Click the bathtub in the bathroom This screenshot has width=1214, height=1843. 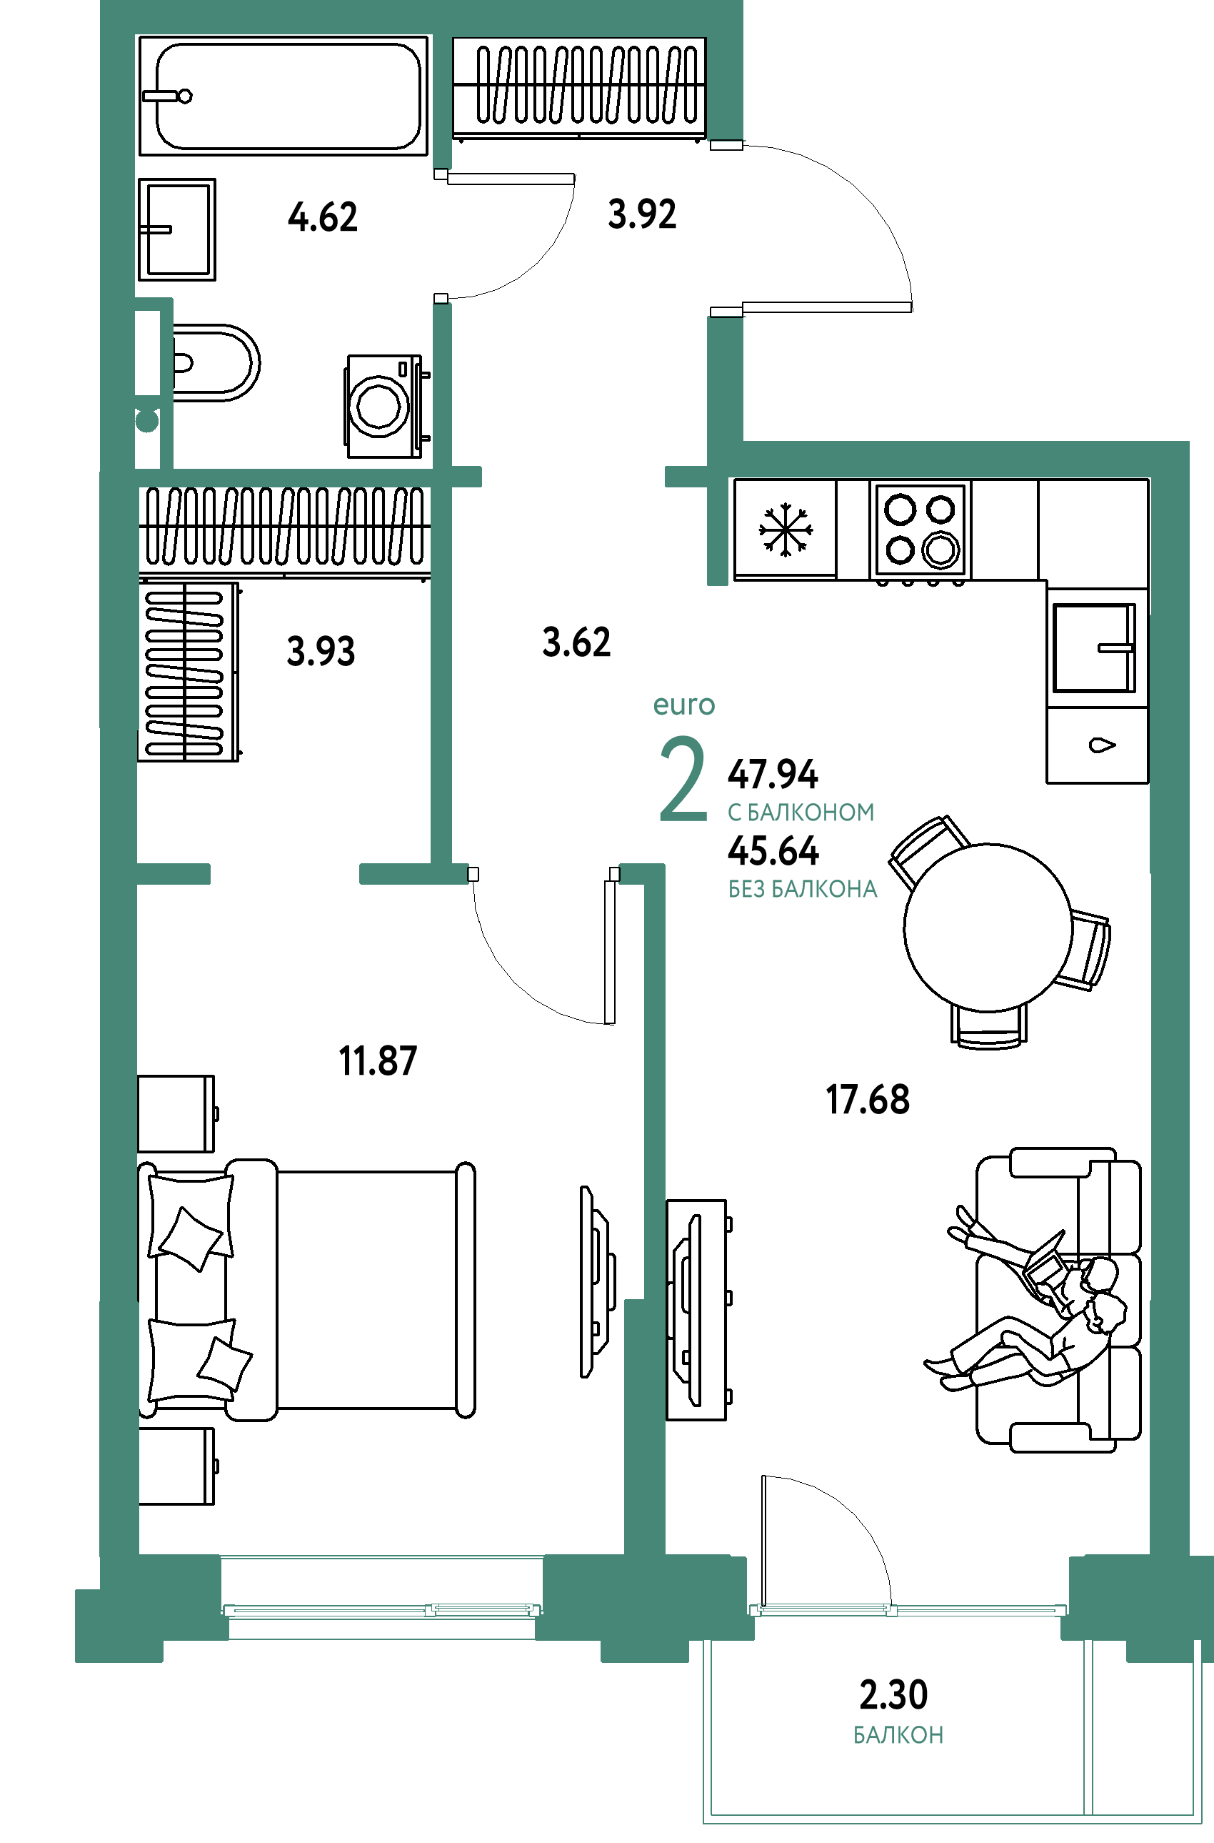click(x=284, y=95)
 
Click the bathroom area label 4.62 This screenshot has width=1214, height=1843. click(x=323, y=217)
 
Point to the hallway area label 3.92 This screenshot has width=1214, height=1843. click(x=642, y=214)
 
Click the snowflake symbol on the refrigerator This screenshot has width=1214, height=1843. click(x=785, y=530)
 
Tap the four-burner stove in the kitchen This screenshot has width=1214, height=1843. click(x=920, y=531)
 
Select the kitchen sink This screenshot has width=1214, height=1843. click(x=1094, y=647)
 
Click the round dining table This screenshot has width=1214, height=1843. click(x=988, y=928)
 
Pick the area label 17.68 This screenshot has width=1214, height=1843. click(x=867, y=1100)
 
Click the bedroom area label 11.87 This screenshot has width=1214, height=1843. click(x=378, y=1060)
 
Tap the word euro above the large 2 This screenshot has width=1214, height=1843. click(x=683, y=705)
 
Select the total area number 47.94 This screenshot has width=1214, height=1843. click(x=773, y=774)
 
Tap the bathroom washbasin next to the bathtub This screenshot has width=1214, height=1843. click(x=176, y=229)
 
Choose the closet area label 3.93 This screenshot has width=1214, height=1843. click(x=321, y=651)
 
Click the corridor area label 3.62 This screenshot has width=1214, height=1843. click(x=577, y=642)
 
